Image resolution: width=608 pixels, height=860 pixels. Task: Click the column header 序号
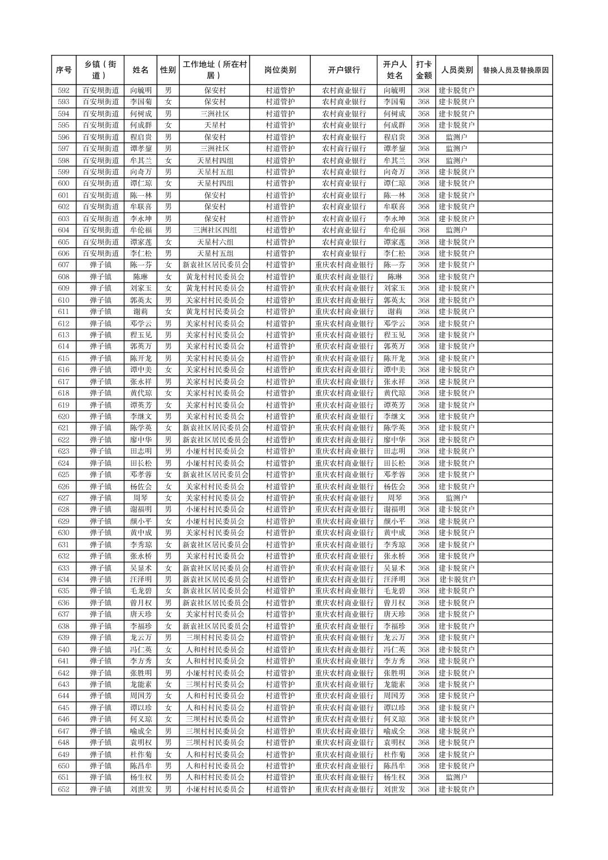point(63,70)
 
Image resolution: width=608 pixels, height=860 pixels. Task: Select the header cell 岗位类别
point(280,70)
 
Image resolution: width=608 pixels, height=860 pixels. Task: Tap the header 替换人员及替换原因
point(515,70)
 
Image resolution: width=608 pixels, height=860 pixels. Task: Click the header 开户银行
point(344,70)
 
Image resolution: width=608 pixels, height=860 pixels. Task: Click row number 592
point(63,91)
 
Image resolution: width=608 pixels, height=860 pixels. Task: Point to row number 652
point(63,789)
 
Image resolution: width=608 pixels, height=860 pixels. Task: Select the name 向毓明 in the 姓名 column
point(140,91)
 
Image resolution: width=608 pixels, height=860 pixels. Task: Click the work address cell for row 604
point(215,230)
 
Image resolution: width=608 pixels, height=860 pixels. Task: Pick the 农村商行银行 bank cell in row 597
point(344,149)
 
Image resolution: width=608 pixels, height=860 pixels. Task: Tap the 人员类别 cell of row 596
point(456,137)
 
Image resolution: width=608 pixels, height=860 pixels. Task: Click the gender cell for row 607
point(168,265)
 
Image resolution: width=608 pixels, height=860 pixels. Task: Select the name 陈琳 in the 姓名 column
point(140,277)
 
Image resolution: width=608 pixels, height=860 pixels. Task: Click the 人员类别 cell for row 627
point(456,498)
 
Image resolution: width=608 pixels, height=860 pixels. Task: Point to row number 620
point(63,416)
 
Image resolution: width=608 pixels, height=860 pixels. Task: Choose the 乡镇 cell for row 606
point(100,253)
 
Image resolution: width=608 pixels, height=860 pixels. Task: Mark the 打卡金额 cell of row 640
point(423,650)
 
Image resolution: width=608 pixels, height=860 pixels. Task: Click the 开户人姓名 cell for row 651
point(395,777)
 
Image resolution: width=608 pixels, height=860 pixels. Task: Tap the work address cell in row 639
point(215,638)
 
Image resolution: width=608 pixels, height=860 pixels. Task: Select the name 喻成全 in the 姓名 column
point(140,731)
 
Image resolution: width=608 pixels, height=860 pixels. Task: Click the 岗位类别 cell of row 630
point(280,533)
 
